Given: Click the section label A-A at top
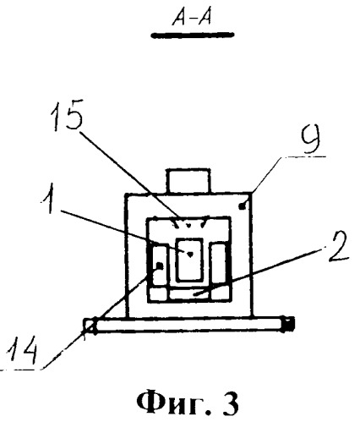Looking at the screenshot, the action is point(193,19).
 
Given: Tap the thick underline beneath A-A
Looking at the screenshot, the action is point(193,35).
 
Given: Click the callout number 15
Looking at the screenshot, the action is point(68,115).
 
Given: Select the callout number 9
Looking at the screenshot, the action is point(310,140).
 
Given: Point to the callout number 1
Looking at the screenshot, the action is point(48,198).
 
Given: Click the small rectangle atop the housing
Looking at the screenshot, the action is point(188,181).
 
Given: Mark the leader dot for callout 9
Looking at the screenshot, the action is point(242,206).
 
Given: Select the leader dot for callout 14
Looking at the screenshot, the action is point(160,266).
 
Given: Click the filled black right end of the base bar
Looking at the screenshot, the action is point(288,324).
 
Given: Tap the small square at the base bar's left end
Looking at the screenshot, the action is point(90,325).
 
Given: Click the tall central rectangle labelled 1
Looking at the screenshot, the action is point(189,260).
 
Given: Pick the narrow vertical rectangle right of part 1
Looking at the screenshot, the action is point(219,264).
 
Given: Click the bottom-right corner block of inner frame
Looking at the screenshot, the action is point(221,294).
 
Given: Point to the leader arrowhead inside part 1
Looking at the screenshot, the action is point(190,254).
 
